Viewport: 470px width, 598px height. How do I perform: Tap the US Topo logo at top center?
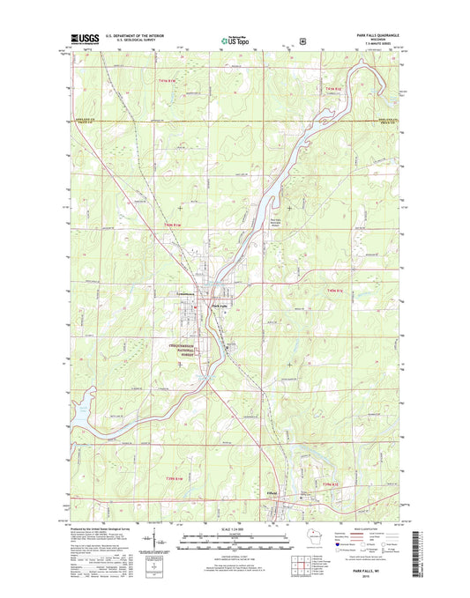tap(235, 39)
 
